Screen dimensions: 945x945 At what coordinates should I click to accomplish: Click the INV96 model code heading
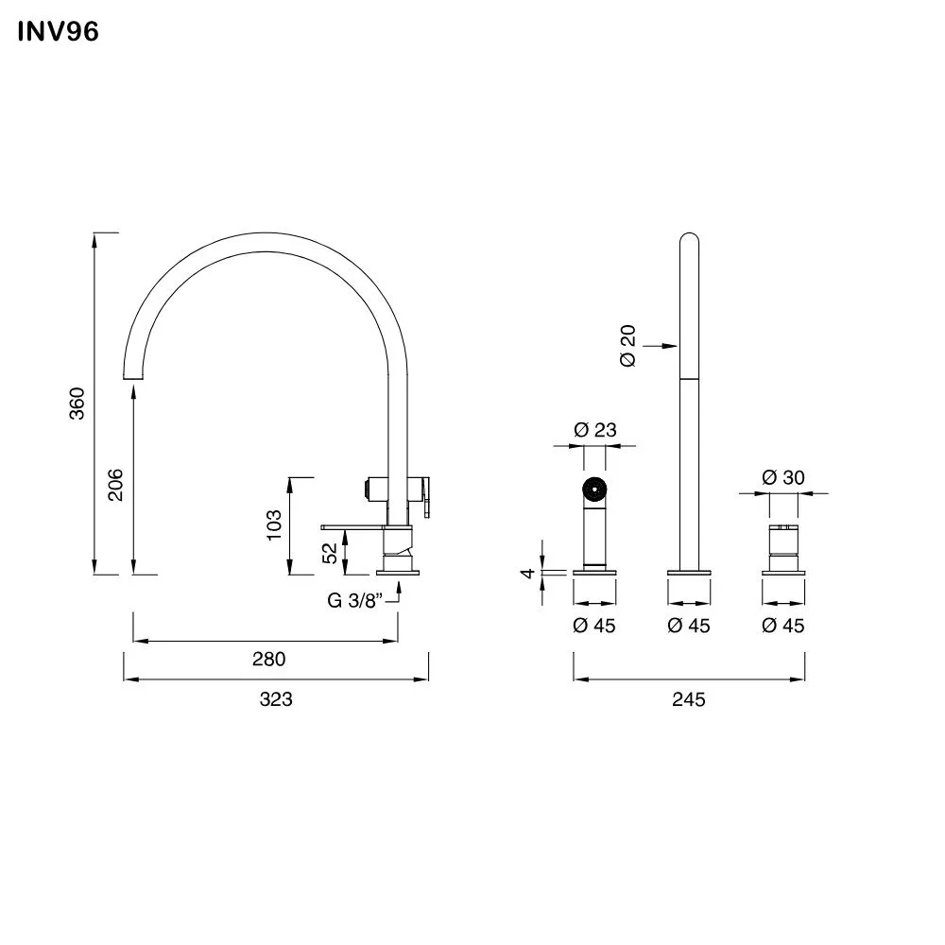click(58, 32)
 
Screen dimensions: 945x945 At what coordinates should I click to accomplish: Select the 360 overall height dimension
click(78, 403)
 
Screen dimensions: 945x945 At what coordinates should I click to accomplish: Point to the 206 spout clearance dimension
click(116, 485)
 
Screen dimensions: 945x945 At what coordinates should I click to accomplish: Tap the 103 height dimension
click(274, 525)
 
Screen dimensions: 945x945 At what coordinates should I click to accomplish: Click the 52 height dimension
click(330, 552)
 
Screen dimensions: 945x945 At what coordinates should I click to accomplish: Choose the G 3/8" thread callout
click(354, 599)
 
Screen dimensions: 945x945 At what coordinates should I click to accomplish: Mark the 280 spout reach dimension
click(268, 660)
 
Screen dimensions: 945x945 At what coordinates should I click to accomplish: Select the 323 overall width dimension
click(276, 699)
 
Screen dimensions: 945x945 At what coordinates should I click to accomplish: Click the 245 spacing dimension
click(690, 699)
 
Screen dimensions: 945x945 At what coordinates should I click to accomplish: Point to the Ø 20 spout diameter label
click(628, 346)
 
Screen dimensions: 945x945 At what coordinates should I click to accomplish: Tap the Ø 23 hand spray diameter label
click(595, 430)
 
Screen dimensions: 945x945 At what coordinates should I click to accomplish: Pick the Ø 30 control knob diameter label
click(783, 477)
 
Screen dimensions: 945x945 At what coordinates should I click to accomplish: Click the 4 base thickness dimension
click(530, 572)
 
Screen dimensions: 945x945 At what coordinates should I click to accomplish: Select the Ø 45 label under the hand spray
click(595, 626)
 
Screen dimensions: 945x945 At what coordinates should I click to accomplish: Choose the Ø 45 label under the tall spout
click(689, 626)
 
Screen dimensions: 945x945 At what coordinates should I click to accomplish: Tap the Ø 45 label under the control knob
click(783, 626)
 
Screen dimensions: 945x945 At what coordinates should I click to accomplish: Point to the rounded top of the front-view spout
click(690, 239)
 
